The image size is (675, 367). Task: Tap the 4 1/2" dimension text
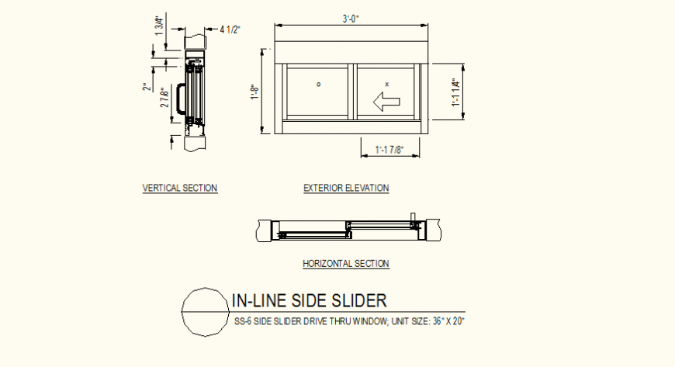pos(230,29)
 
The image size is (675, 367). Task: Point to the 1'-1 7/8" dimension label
pos(390,149)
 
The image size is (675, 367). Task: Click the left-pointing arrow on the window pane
pos(386,100)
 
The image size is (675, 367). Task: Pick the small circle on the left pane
pos(319,83)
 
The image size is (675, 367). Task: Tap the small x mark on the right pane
pos(386,83)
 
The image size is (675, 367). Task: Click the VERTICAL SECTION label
pos(180,188)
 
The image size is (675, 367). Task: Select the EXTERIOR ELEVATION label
pos(346,188)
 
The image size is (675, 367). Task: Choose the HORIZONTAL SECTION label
pos(345,264)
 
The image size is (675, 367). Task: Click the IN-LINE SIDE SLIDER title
pos(308,300)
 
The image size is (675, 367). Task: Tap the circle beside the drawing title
pos(203,311)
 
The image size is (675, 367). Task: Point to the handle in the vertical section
pos(181,99)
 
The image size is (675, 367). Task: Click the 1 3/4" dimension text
pos(160,26)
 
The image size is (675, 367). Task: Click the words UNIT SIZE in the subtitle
pos(395,320)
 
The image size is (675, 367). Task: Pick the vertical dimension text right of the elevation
pos(455,92)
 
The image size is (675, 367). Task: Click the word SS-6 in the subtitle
pos(243,320)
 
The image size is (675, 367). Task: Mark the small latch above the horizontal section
pos(414,216)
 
